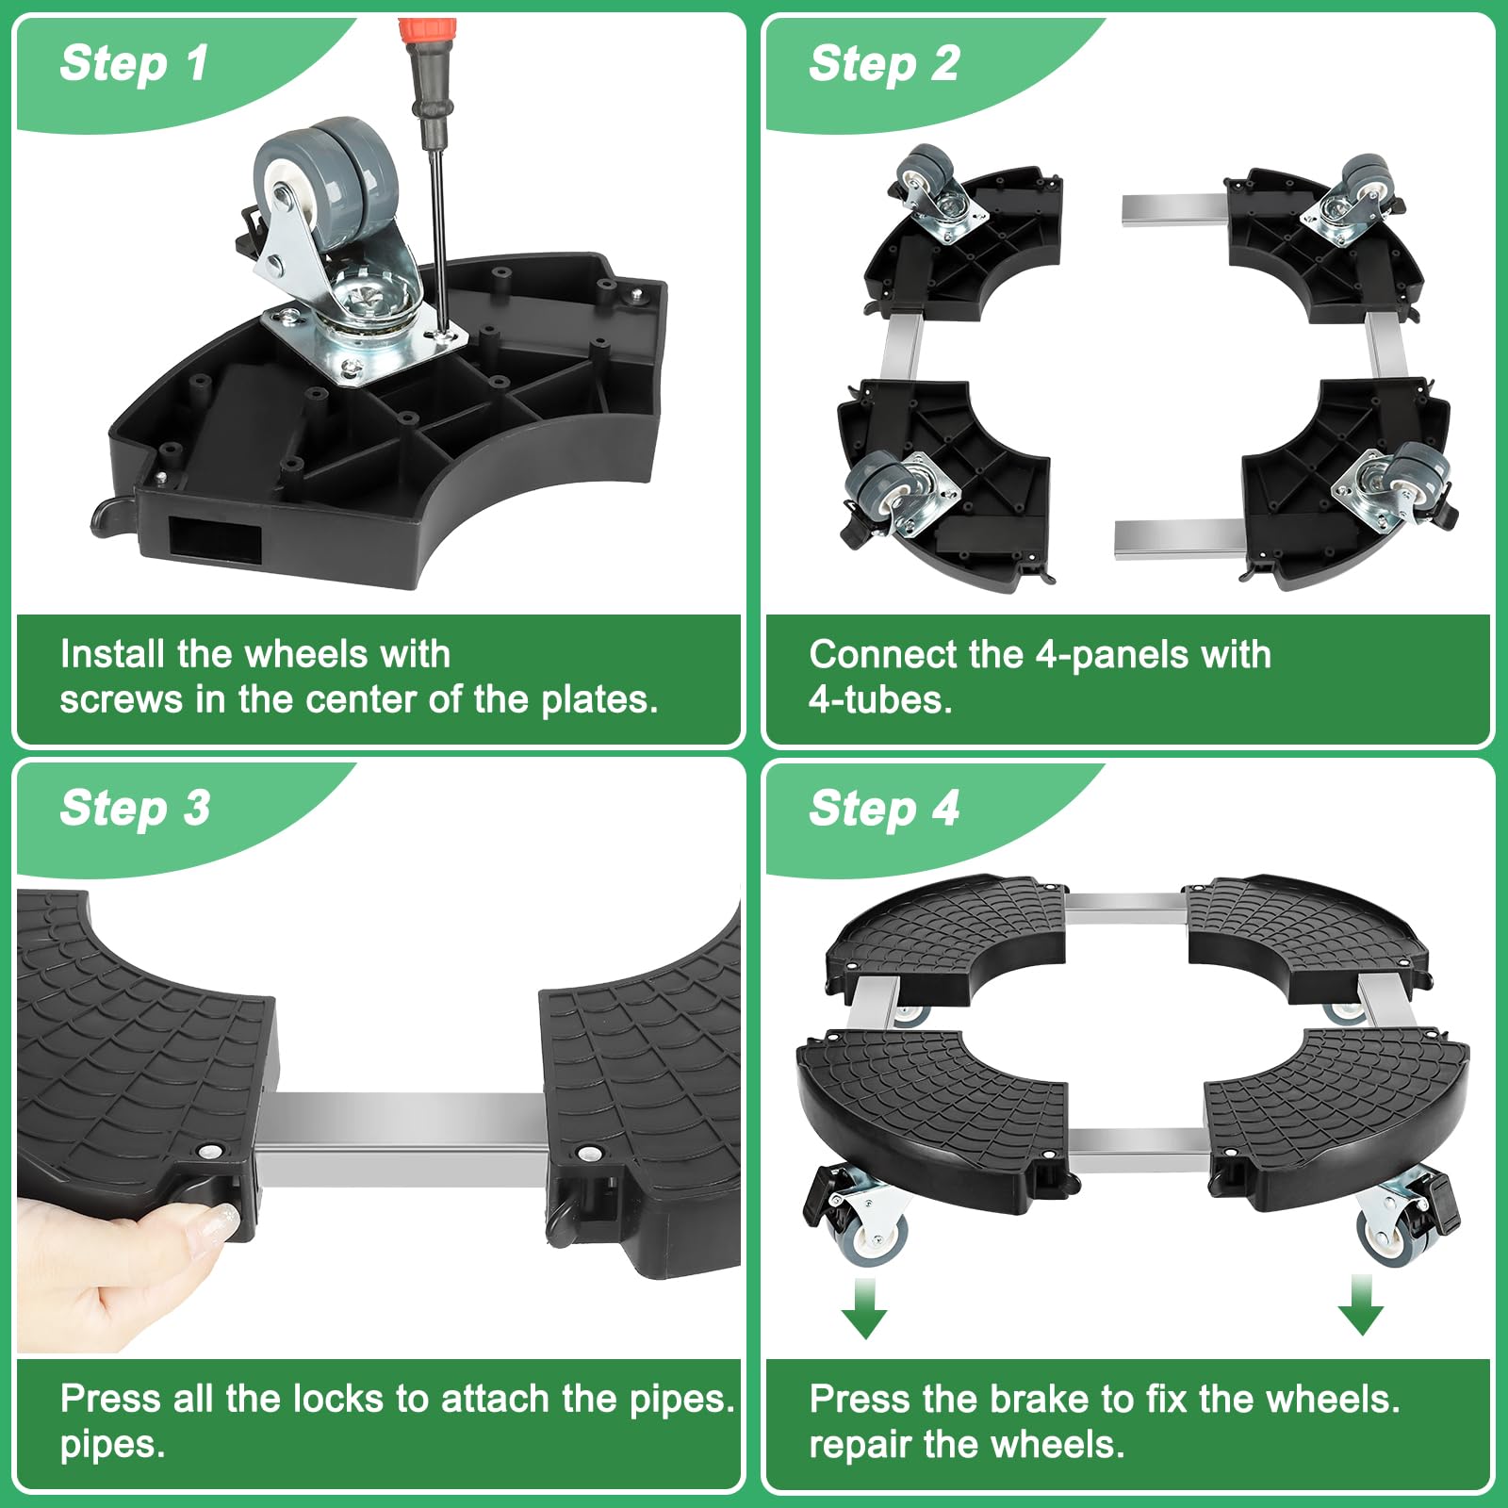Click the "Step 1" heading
(x=134, y=64)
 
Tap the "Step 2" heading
(x=884, y=64)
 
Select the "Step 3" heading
(x=135, y=809)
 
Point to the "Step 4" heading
(x=884, y=809)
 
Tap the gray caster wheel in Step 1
(x=326, y=179)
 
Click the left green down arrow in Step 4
(x=864, y=1307)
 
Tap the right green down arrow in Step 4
(x=1361, y=1305)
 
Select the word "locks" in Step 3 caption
(x=342, y=1399)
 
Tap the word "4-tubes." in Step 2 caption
(x=880, y=699)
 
